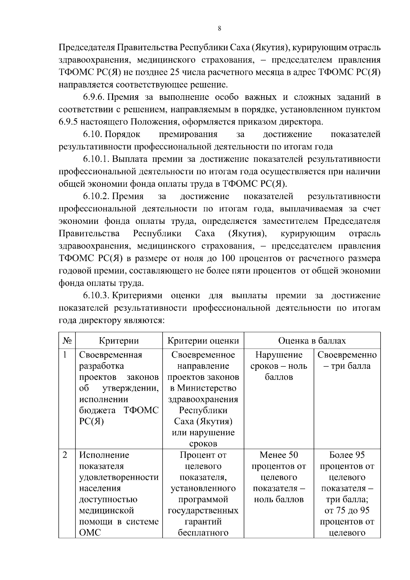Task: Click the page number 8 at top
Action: (219, 29)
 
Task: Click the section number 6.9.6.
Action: (94, 97)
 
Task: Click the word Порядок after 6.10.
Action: (123, 134)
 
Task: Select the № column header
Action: (67, 341)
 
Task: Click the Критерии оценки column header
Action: (203, 341)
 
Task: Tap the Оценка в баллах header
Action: (312, 341)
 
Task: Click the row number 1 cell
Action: (65, 355)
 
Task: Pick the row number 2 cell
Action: (65, 455)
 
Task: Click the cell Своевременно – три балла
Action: (347, 361)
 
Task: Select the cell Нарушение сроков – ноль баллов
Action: (279, 366)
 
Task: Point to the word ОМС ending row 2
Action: (90, 533)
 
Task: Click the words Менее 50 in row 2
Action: (279, 455)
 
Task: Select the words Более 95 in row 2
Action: (347, 455)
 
